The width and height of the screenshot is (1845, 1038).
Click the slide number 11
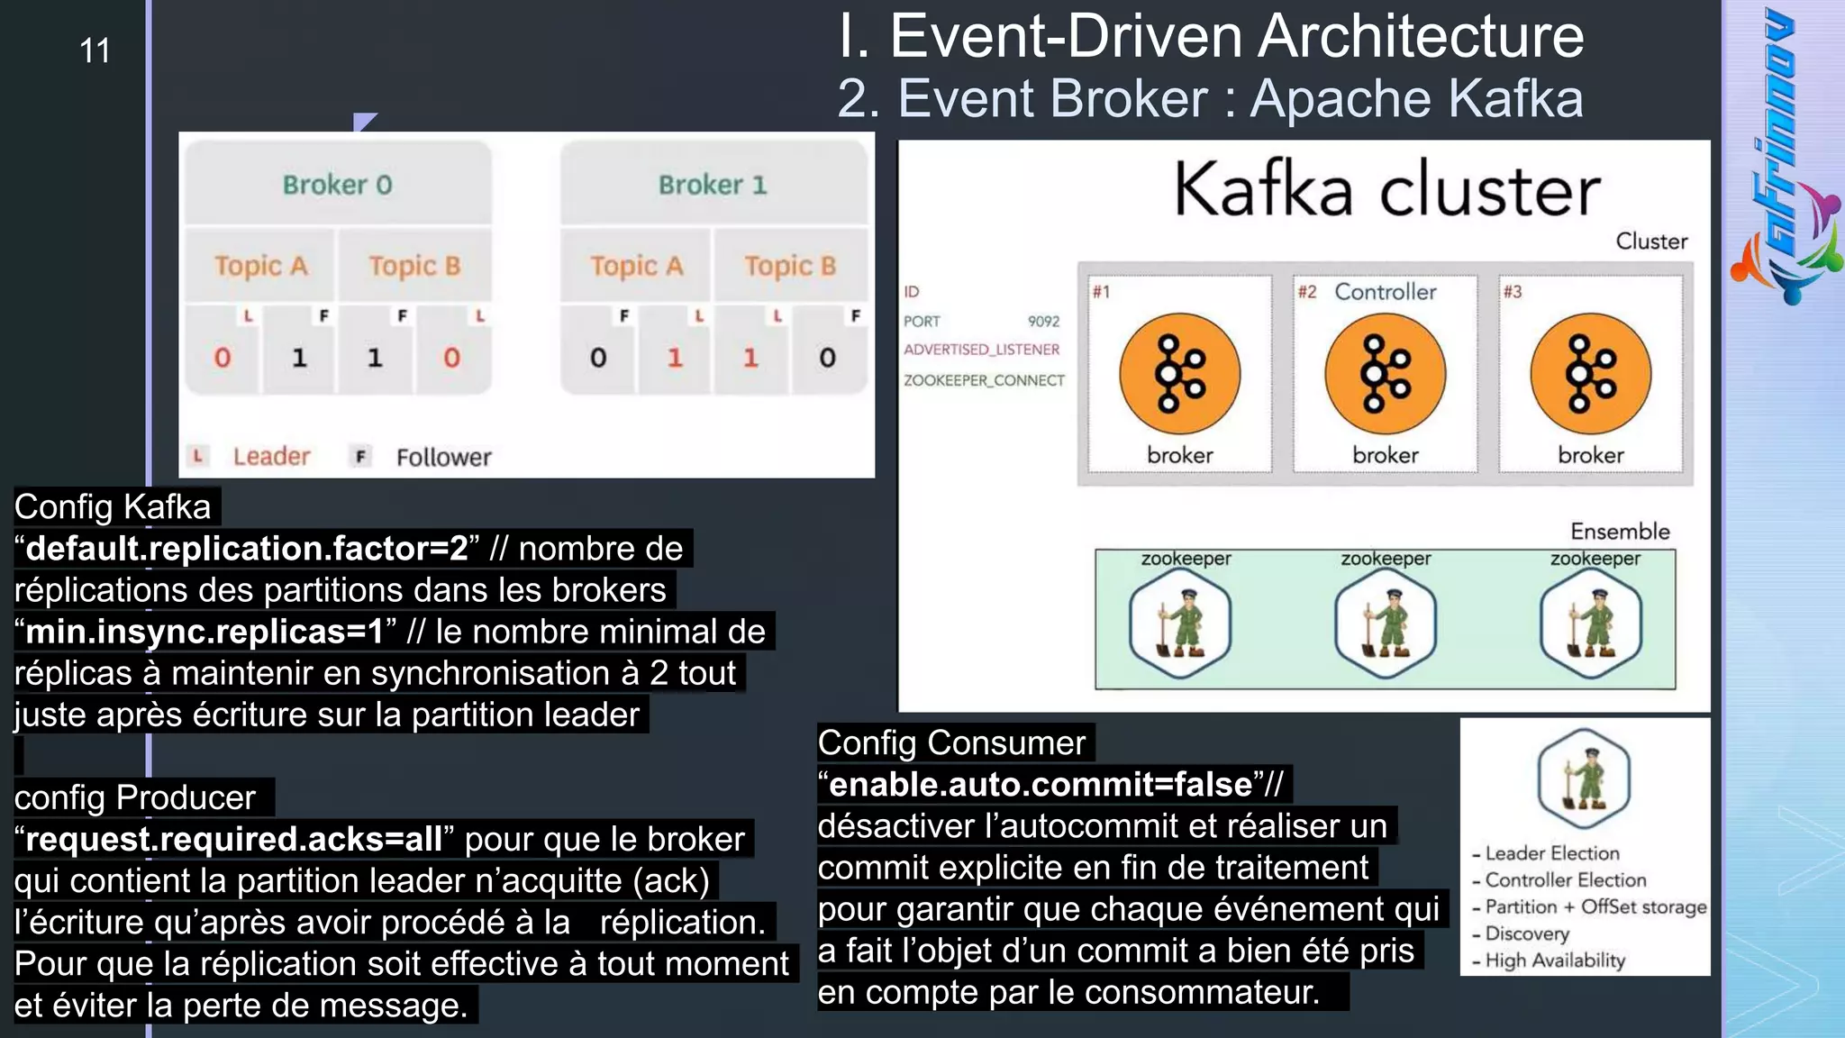tap(95, 50)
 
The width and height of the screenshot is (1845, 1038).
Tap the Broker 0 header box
tap(338, 184)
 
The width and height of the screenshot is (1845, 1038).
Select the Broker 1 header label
tap(713, 185)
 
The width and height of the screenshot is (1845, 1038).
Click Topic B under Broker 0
tap(414, 266)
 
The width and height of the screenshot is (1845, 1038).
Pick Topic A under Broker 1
tap(637, 266)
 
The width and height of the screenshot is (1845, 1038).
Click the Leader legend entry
tap(270, 457)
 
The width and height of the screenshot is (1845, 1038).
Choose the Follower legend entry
tap(443, 458)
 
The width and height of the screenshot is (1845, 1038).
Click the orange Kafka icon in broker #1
tap(1179, 374)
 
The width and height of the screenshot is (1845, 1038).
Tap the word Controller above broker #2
tap(1386, 292)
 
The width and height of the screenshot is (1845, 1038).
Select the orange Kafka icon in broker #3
tap(1591, 374)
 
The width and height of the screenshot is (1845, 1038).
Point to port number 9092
tap(1043, 322)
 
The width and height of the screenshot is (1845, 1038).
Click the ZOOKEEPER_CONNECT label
tap(984, 380)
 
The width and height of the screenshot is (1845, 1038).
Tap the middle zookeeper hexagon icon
tap(1386, 621)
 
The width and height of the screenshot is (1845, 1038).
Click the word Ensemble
tap(1620, 532)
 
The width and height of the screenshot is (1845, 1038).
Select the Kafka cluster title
tap(1387, 191)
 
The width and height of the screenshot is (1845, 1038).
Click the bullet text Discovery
tap(1527, 933)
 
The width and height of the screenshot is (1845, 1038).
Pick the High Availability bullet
tap(1555, 961)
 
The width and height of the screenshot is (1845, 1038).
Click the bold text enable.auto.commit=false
tap(1041, 785)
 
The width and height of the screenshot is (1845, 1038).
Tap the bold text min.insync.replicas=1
tap(204, 632)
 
